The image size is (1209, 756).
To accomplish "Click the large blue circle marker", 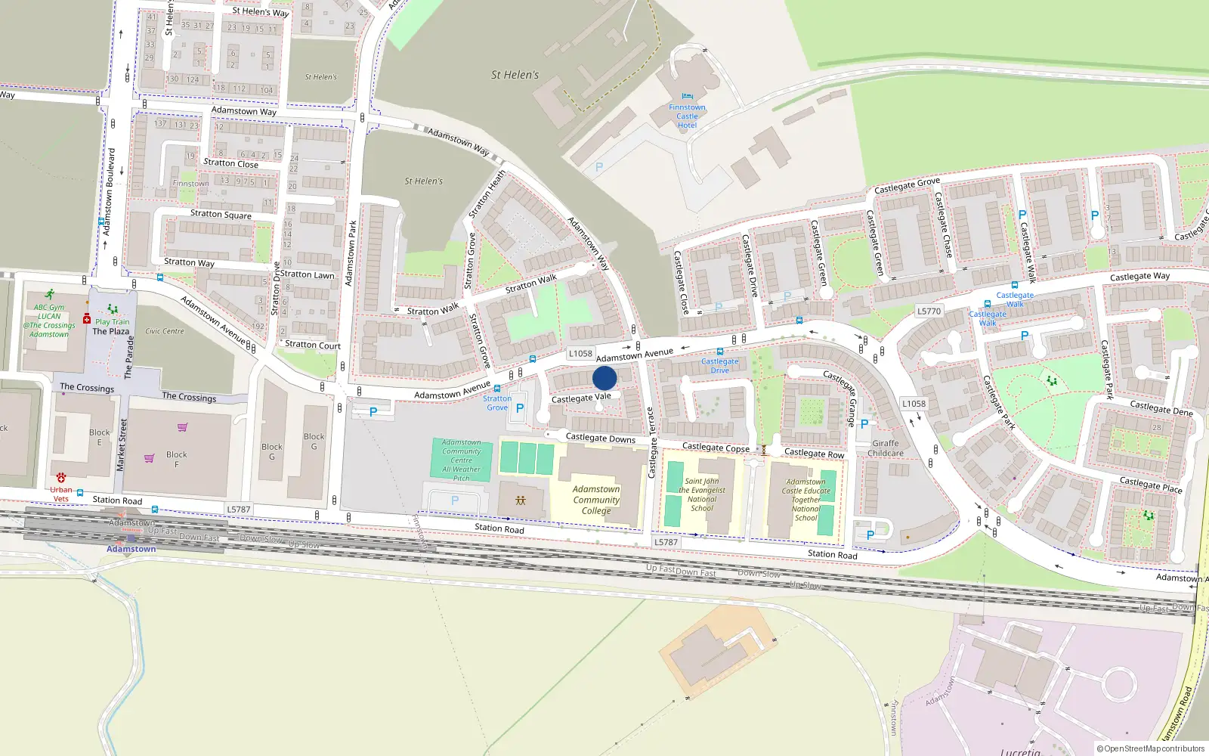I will [x=604, y=378].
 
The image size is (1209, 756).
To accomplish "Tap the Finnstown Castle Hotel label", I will [x=687, y=116].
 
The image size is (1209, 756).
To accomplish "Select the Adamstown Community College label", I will [x=596, y=500].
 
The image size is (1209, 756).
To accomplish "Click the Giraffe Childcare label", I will [x=886, y=448].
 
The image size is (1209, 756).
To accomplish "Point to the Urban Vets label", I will [x=61, y=494].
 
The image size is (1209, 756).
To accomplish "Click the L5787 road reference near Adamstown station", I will [x=239, y=510].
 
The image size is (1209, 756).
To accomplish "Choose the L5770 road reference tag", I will [x=929, y=311].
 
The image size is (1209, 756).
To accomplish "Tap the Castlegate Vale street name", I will [x=581, y=398].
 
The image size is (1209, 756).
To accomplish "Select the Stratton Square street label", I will [x=221, y=214].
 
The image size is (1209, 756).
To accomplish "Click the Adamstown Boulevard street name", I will [x=110, y=191].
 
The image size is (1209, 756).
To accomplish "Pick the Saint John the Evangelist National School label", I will [x=702, y=494].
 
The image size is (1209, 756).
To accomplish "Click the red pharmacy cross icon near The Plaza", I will [x=87, y=319].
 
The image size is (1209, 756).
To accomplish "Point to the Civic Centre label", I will [x=164, y=331].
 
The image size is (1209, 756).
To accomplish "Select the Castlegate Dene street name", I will [x=1161, y=408].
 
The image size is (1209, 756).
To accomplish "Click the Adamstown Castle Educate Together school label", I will [x=805, y=500].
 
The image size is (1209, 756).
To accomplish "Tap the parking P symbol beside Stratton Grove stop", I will [x=520, y=408].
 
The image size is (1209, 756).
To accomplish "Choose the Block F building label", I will [x=177, y=459].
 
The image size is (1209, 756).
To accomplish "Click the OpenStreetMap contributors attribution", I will [x=1150, y=749].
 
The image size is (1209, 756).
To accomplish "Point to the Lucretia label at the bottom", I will [x=1020, y=751].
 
